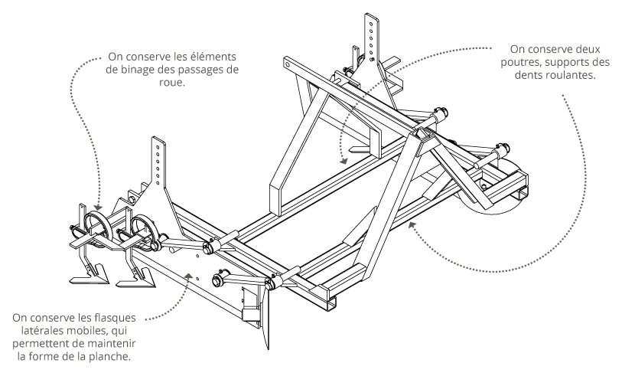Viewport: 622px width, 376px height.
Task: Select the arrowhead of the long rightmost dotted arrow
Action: tap(412, 224)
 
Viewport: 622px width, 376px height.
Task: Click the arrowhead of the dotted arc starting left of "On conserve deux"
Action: tap(344, 160)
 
